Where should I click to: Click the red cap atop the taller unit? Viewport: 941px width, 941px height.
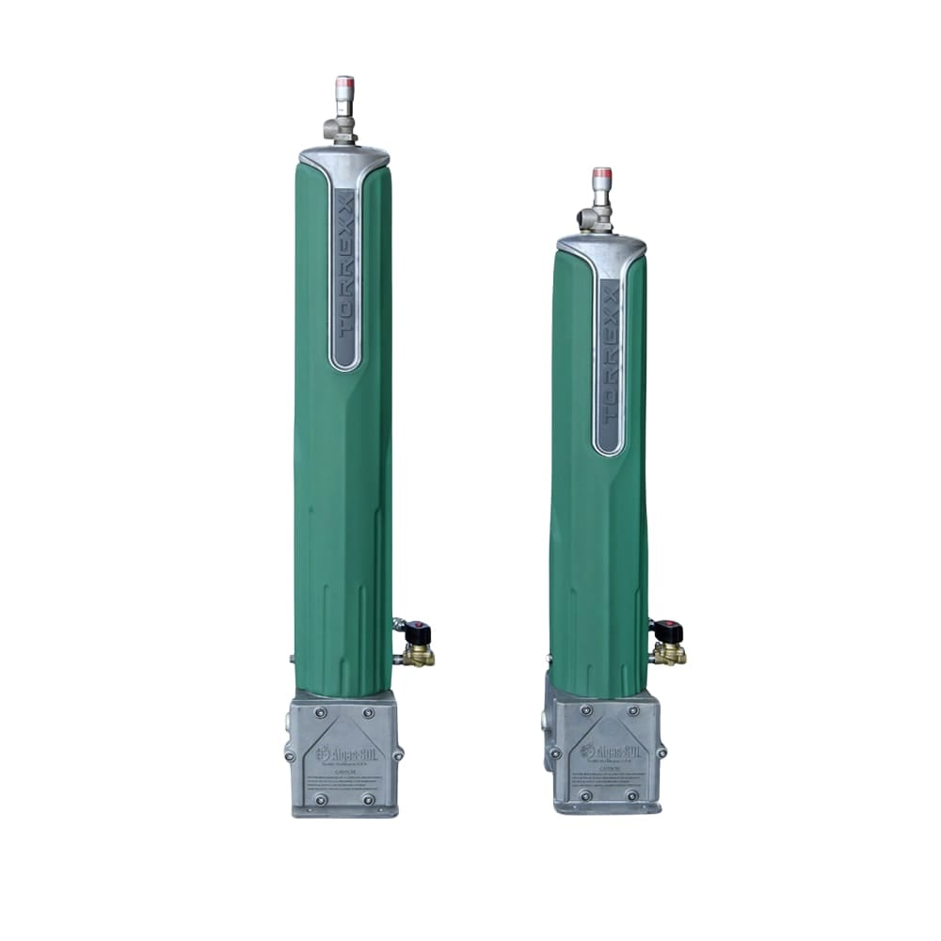[344, 83]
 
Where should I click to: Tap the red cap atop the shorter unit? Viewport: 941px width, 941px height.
[601, 174]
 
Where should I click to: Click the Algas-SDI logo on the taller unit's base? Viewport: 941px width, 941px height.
[344, 753]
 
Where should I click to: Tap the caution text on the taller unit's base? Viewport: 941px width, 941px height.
[344, 781]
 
